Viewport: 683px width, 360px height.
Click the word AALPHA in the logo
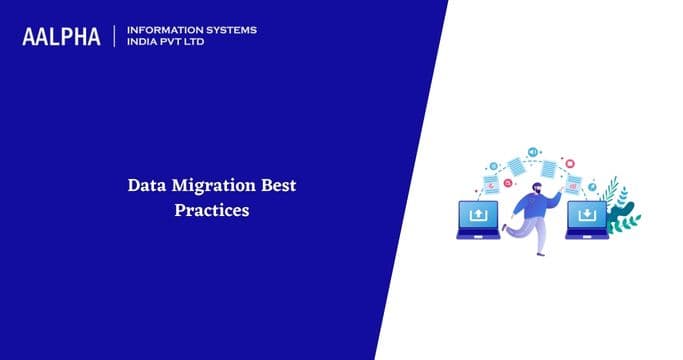(x=63, y=37)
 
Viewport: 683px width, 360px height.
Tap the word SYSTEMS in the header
(x=227, y=30)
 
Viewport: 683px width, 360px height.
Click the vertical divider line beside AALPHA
(x=116, y=37)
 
